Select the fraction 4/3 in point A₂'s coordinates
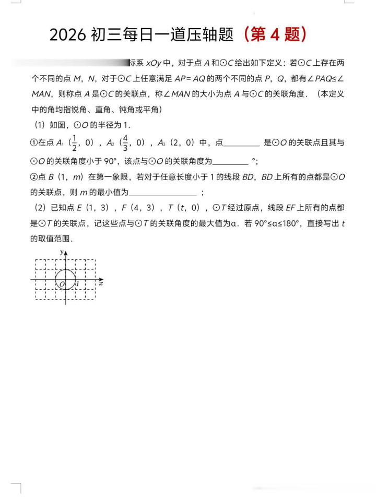pyautogui.click(x=125, y=143)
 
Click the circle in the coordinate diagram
pyautogui.click(x=65, y=280)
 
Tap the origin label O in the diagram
pyautogui.click(x=61, y=284)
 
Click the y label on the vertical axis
pyautogui.click(x=62, y=252)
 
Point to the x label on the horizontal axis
pyautogui.click(x=101, y=283)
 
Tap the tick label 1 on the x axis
pyautogui.click(x=77, y=284)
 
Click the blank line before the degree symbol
pyautogui.click(x=230, y=161)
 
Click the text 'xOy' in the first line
pyautogui.click(x=154, y=63)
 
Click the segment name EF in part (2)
pyautogui.click(x=290, y=208)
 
